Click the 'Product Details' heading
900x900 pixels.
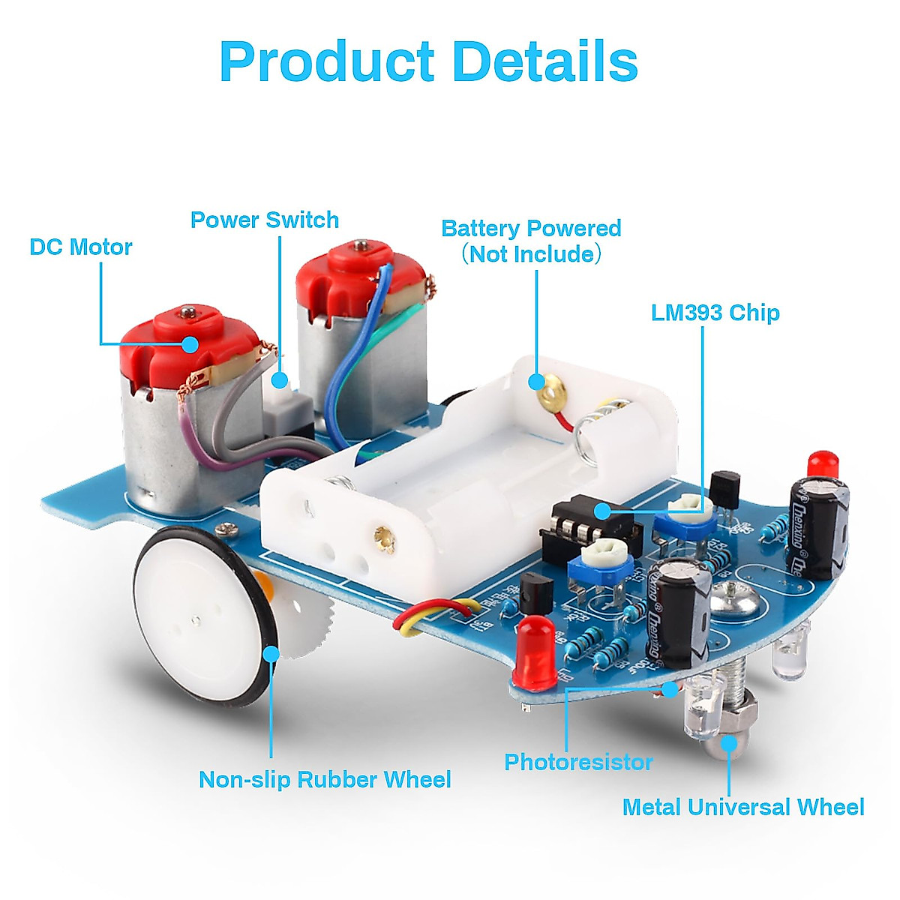pyautogui.click(x=429, y=61)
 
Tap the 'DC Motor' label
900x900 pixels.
pyautogui.click(x=81, y=247)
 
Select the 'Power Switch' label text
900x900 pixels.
pyautogui.click(x=264, y=220)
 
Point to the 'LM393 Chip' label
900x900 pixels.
pyautogui.click(x=715, y=313)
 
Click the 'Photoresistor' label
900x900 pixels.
pyautogui.click(x=578, y=763)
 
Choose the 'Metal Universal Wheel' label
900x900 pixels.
pyautogui.click(x=742, y=808)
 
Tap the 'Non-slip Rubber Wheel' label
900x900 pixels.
pyautogui.click(x=325, y=780)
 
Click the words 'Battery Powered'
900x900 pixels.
pyautogui.click(x=531, y=229)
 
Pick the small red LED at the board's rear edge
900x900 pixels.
pyautogui.click(x=823, y=460)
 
